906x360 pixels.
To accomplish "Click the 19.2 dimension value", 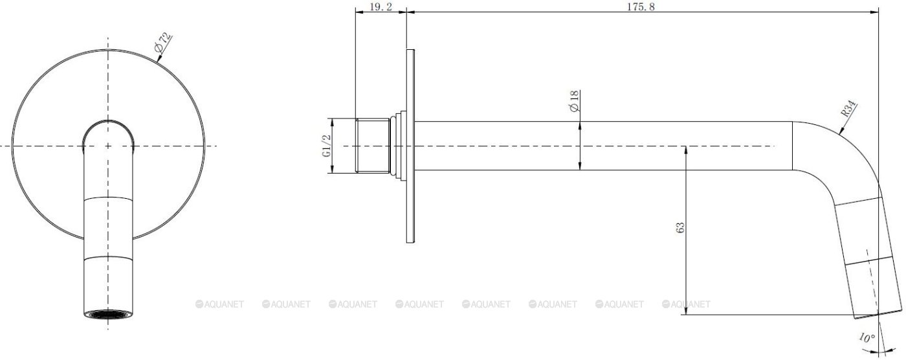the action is click(381, 7).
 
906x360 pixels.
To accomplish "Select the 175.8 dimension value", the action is click(641, 7).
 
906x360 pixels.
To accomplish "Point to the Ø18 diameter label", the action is click(574, 101).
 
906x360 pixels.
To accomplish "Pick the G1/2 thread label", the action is click(326, 146).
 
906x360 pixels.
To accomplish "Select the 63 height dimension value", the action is click(680, 227).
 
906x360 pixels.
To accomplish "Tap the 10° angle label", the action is click(867, 338).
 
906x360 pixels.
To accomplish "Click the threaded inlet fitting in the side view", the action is click(373, 146).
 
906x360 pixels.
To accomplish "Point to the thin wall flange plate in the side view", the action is click(410, 146).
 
